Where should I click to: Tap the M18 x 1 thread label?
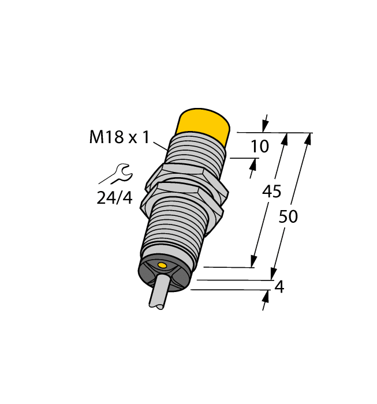pos(120,137)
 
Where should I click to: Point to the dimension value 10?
pos(260,147)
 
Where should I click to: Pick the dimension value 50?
pos(289,217)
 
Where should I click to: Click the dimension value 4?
pos(279,286)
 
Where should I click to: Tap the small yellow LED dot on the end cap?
pos(162,265)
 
